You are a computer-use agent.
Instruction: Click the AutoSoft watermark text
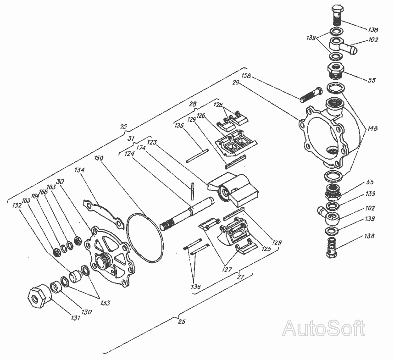324,329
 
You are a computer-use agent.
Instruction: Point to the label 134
80,170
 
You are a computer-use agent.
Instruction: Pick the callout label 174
141,149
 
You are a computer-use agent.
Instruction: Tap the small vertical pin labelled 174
194,189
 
